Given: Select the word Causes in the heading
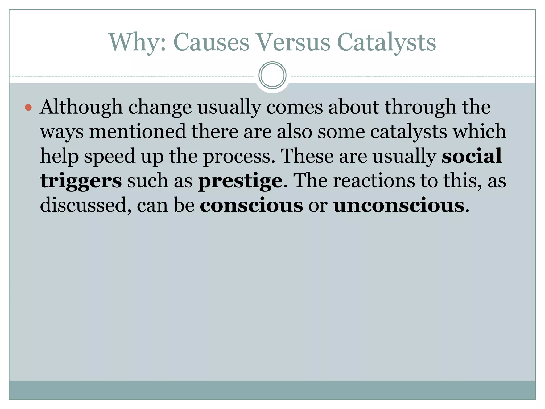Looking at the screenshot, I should [211, 43].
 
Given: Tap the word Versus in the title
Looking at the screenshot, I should [293, 43].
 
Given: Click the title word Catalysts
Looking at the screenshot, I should [386, 43].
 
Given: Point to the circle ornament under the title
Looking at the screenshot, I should [272, 75].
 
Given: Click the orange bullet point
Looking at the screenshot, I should [28, 108].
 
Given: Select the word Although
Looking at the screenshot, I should [81, 107].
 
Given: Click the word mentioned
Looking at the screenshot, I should [137, 132].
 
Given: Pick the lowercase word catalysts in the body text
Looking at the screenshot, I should [408, 132].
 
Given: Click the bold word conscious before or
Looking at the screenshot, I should [251, 205].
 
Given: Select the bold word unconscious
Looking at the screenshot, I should [399, 205].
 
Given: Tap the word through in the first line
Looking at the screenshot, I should [420, 107].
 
